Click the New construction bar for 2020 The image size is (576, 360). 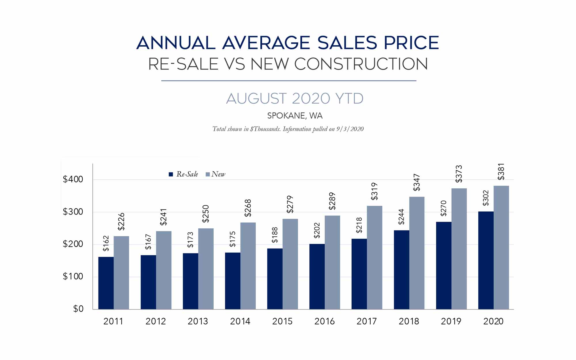point(501,247)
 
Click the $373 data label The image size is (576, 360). point(459,174)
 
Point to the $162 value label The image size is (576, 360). point(106,243)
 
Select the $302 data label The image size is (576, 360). point(486,198)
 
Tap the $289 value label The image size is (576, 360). point(332,201)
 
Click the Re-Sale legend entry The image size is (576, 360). point(183,174)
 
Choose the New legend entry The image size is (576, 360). point(215,174)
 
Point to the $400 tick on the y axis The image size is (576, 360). point(73,179)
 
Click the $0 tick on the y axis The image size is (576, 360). point(78,309)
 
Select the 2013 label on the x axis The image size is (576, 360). point(198,321)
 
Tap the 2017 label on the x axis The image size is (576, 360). point(367,321)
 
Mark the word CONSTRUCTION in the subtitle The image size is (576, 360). point(361,64)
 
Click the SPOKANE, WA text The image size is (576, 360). point(295,116)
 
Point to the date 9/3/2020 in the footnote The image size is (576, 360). point(350,129)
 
